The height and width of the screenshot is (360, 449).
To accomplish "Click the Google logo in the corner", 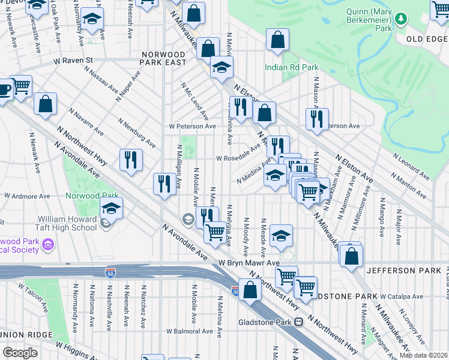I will pyautogui.click(x=20, y=352).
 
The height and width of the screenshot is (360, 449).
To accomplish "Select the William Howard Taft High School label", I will pyautogui.click(x=67, y=223).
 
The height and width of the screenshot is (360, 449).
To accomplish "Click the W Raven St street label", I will pyautogui.click(x=73, y=61).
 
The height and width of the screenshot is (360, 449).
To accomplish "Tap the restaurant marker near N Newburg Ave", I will pyautogui.click(x=131, y=160).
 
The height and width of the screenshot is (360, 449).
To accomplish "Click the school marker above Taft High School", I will pyautogui.click(x=111, y=208).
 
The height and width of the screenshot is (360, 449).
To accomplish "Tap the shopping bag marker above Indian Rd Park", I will pyautogui.click(x=277, y=40).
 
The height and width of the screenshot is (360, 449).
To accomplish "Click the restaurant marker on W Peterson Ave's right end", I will pyautogui.click(x=317, y=118).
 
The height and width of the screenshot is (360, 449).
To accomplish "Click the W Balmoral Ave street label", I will pyautogui.click(x=190, y=331).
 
